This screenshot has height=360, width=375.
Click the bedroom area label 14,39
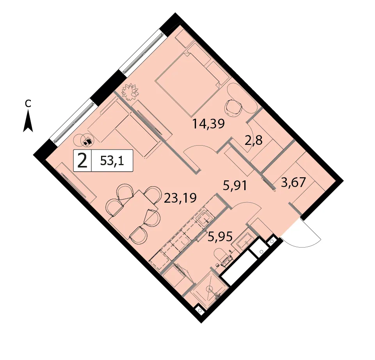tap(208, 125)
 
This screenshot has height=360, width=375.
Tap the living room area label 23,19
tap(180, 198)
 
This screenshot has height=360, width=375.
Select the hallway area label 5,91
tap(235, 186)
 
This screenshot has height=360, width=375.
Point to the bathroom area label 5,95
tap(220, 237)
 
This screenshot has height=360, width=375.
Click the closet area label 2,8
tap(254, 141)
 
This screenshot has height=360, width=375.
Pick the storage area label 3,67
tap(293, 183)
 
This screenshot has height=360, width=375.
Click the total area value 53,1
tap(112, 160)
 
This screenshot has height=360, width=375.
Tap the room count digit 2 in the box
tap(82, 160)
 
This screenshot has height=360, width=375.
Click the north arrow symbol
tap(28, 121)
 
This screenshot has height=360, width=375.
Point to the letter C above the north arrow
tap(28, 103)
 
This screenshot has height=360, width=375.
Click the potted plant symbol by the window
tap(130, 92)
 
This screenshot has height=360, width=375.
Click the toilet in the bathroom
tap(222, 257)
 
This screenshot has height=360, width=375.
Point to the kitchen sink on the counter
tap(204, 219)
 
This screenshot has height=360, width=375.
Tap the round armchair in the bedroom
tap(233, 107)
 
